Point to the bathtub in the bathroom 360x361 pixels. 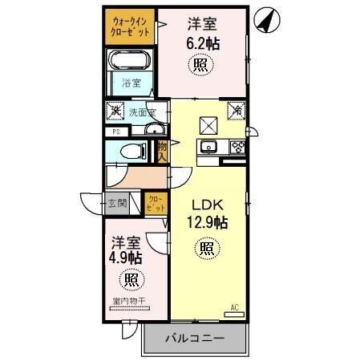(128, 62)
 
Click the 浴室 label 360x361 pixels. (130, 83)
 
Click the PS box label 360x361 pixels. (115, 131)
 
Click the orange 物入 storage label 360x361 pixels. (163, 151)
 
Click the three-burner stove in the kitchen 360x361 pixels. (237, 146)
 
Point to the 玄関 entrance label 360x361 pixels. (117, 203)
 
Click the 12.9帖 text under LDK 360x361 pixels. (208, 222)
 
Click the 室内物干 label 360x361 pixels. (128, 301)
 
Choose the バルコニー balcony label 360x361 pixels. (194, 338)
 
